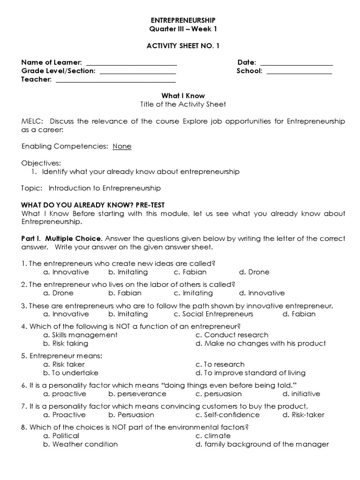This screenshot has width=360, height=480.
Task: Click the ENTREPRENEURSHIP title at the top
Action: pos(183,20)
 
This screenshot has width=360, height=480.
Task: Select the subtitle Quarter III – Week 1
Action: pos(183,29)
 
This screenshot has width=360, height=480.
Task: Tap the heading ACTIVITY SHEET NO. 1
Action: pos(183,45)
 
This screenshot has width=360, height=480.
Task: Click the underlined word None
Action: pos(122,146)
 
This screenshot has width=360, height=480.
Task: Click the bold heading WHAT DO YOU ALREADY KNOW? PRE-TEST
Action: pos(93,205)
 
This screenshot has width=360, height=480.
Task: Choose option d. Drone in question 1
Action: pos(254,272)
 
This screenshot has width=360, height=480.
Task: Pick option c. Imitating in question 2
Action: pos(193,293)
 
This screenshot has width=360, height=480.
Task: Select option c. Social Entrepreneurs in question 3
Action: pos(213,314)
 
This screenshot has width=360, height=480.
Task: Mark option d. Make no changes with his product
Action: pos(260,344)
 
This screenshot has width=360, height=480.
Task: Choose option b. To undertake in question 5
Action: pos(70,373)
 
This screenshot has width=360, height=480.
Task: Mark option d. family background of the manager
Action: pos(262,444)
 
